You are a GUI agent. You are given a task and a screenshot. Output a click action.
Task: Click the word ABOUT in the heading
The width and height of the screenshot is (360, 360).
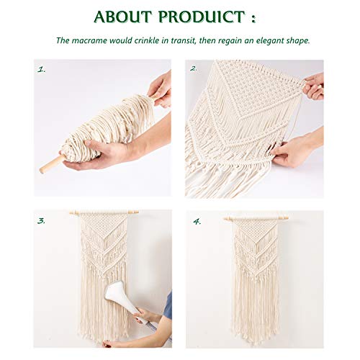click(x=127, y=17)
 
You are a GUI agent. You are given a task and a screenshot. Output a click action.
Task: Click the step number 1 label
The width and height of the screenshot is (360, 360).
click(x=41, y=70)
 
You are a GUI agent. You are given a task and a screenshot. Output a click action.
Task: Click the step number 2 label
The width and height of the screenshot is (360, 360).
click(x=194, y=69)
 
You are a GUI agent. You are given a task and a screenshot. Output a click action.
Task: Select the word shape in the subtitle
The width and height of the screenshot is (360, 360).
click(x=295, y=40)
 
